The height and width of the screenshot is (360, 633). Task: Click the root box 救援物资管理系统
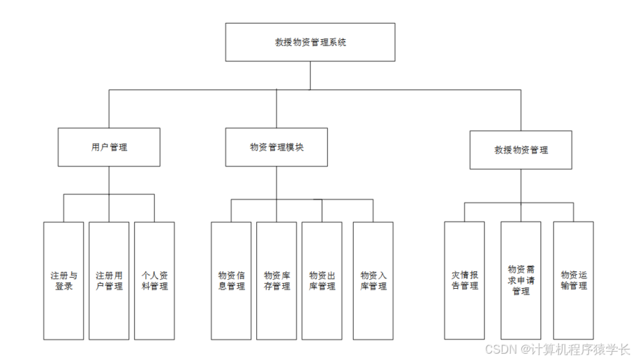(310, 42)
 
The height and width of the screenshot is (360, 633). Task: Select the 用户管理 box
(109, 147)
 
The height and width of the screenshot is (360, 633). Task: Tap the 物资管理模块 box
(276, 147)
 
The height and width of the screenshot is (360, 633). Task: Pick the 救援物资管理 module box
(521, 150)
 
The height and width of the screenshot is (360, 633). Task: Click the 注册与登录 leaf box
(63, 281)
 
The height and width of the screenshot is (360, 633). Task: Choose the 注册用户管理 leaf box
(109, 281)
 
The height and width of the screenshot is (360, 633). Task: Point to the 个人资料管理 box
(154, 281)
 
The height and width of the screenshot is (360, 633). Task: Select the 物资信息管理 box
(231, 281)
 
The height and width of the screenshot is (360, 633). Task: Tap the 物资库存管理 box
(276, 281)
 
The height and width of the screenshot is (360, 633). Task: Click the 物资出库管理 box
(322, 281)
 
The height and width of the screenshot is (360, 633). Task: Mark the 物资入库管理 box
(373, 281)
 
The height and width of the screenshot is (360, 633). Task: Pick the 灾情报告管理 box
(464, 281)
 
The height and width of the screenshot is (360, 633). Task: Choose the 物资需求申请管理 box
(521, 280)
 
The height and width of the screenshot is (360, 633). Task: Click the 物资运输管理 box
(574, 281)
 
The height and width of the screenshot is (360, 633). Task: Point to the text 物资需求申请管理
(521, 280)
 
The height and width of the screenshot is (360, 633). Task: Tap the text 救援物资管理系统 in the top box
(310, 42)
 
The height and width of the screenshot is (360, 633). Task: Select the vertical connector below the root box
(311, 75)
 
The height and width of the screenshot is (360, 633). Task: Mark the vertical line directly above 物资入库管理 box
(373, 211)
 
